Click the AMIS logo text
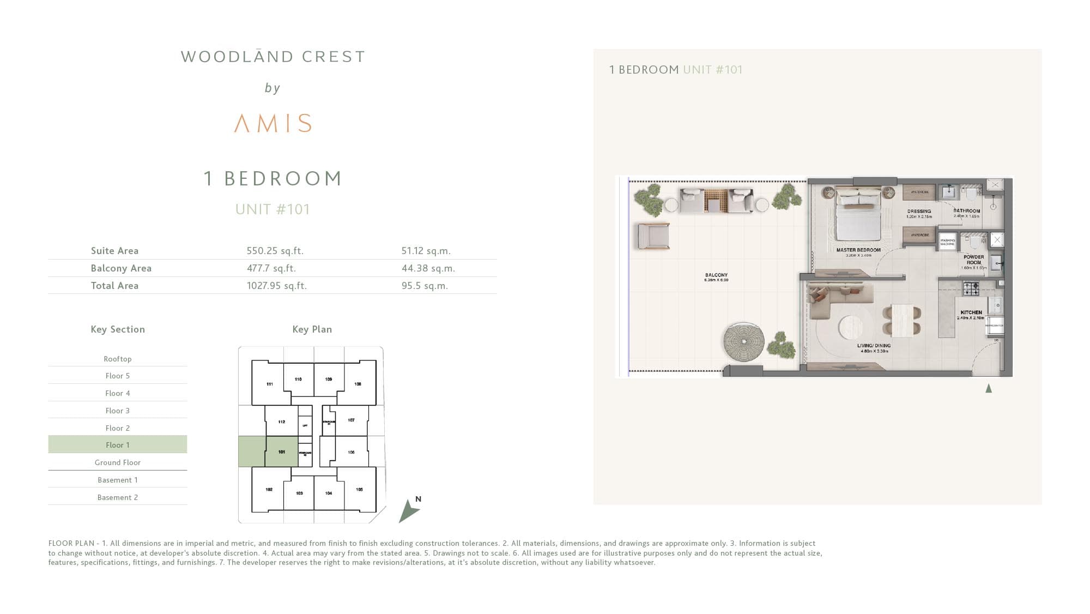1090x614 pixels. (273, 123)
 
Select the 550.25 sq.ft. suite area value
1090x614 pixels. (275, 251)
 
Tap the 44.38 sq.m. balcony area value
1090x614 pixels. (428, 268)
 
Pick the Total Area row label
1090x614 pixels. (114, 286)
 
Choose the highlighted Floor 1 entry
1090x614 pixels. (118, 445)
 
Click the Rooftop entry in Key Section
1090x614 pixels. (118, 359)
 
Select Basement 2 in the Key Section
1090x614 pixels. (118, 497)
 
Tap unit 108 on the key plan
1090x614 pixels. (358, 384)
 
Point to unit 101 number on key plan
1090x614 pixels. (282, 452)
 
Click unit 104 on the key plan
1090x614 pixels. (329, 493)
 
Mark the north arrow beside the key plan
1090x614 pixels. (409, 510)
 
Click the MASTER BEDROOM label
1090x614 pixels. (858, 250)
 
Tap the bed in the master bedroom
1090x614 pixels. (858, 217)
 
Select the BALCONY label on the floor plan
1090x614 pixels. (716, 275)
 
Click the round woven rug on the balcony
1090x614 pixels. (743, 342)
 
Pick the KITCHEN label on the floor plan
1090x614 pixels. (971, 312)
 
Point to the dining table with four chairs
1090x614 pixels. (901, 320)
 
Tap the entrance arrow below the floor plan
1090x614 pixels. (989, 388)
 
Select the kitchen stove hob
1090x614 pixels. (971, 288)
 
